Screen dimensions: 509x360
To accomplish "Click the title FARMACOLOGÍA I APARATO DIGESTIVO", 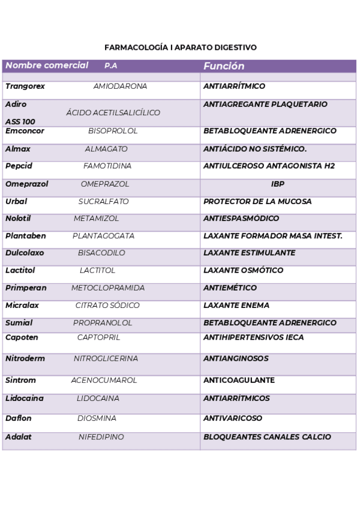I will (x=180, y=47).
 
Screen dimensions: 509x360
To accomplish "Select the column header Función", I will (x=224, y=66).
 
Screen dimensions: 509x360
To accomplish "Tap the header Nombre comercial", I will (x=47, y=65).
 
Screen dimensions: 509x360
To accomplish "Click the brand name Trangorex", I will (x=25, y=86).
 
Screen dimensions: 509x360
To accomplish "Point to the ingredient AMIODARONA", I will (x=120, y=86).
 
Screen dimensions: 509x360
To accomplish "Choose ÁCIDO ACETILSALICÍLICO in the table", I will (x=113, y=113).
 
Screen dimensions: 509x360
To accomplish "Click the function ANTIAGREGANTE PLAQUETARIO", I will (x=265, y=104).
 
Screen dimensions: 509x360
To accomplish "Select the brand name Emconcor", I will (x=25, y=131).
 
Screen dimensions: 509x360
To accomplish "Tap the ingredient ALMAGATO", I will (x=106, y=149).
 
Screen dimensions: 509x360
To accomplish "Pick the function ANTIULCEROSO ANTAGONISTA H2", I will (x=269, y=166).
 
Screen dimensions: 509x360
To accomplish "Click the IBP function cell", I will (x=277, y=184).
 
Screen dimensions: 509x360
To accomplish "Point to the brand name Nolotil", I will (x=18, y=218).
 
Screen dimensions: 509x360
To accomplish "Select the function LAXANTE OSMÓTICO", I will (x=243, y=271).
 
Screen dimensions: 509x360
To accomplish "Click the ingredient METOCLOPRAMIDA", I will (x=106, y=288).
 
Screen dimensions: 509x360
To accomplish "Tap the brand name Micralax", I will (x=22, y=306).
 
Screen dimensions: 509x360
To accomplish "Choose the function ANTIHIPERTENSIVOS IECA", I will (x=262, y=337).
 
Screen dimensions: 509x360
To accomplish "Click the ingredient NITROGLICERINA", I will (x=106, y=359).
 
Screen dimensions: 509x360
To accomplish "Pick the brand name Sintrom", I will (x=20, y=381).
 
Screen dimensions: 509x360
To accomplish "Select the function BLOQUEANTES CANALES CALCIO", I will (x=267, y=437).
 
